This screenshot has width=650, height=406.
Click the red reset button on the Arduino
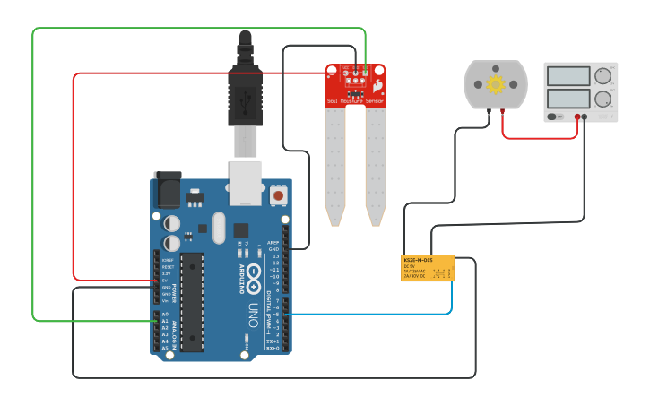[x=278, y=194]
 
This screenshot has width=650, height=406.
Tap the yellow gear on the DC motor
[x=496, y=85]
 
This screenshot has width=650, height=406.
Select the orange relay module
[x=428, y=267]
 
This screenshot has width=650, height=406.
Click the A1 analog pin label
[x=164, y=322]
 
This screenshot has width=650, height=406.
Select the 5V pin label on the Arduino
[x=166, y=281]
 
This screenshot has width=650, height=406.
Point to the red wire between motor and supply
[x=538, y=137]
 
